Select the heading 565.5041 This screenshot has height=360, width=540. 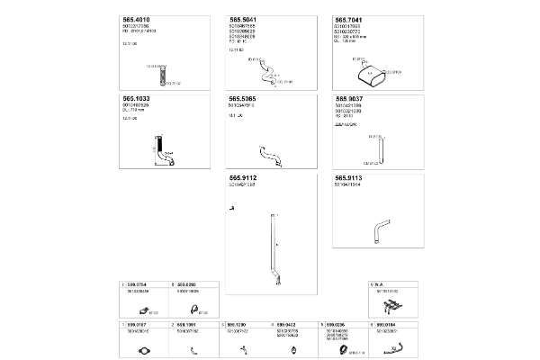coord(243,18)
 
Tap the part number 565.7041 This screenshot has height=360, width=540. coord(348,18)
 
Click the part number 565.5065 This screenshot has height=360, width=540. coord(243,98)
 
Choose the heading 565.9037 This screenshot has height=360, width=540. coord(349,98)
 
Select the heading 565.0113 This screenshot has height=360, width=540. coord(348,178)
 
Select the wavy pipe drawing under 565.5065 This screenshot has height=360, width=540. coord(267,151)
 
